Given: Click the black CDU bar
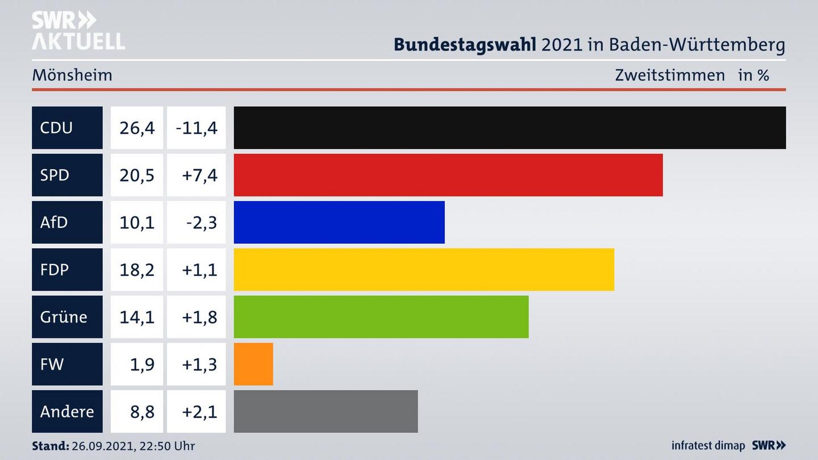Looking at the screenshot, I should pyautogui.click(x=510, y=128).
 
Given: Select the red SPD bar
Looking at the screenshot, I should pyautogui.click(x=448, y=175).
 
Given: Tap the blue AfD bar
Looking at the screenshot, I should pyautogui.click(x=339, y=222).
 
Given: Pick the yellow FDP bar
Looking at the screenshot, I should pyautogui.click(x=424, y=269).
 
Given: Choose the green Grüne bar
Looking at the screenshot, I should pyautogui.click(x=381, y=316).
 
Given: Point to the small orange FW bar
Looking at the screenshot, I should pyautogui.click(x=253, y=364).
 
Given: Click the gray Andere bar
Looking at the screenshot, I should pyautogui.click(x=325, y=411).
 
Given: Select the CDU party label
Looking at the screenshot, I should pyautogui.click(x=56, y=128).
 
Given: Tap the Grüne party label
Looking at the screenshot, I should pyautogui.click(x=64, y=316).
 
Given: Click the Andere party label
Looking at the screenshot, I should pyautogui.click(x=66, y=411).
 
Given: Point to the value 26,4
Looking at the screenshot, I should pyautogui.click(x=137, y=128).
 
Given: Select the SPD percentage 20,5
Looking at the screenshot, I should pyautogui.click(x=137, y=175).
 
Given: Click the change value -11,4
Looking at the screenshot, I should pyautogui.click(x=197, y=128).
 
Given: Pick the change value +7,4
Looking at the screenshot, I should pyautogui.click(x=199, y=175).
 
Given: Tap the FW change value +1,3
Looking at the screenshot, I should pyautogui.click(x=199, y=364).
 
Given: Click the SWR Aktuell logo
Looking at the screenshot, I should pyautogui.click(x=78, y=31).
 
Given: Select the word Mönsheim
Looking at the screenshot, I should pyautogui.click(x=72, y=75).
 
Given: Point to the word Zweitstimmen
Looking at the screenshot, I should pyautogui.click(x=670, y=75).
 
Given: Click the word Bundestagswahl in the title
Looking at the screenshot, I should pyautogui.click(x=465, y=44).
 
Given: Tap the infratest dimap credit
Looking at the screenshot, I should pyautogui.click(x=708, y=445).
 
